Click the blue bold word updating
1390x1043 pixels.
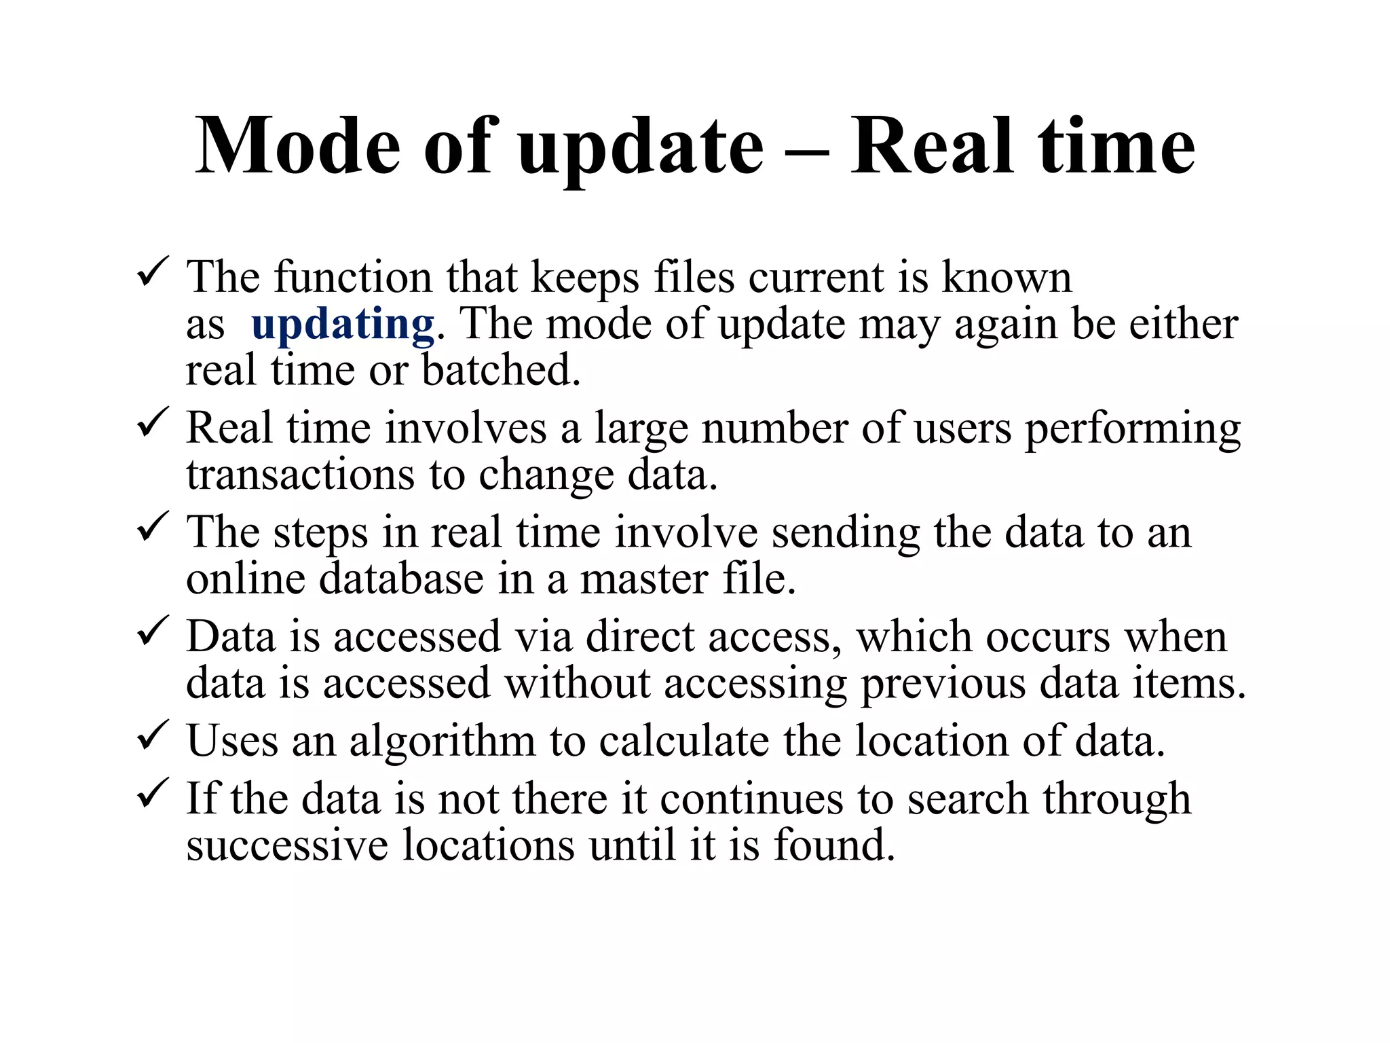pyautogui.click(x=342, y=325)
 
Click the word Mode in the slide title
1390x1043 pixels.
pyautogui.click(x=297, y=146)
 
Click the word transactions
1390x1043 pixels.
pyautogui.click(x=300, y=475)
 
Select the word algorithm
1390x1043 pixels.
pyautogui.click(x=442, y=741)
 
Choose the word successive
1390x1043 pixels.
pyautogui.click(x=287, y=845)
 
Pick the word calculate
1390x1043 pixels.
pyautogui.click(x=683, y=741)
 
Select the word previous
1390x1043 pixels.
pyautogui.click(x=943, y=685)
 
